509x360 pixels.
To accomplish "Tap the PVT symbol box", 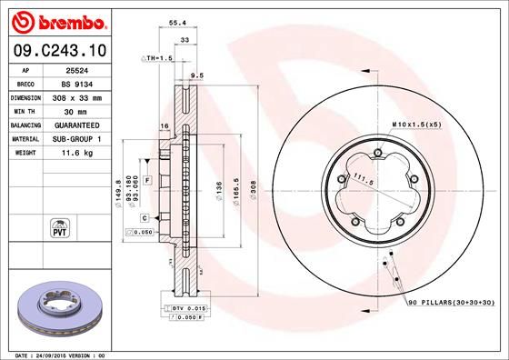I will tap(60, 227).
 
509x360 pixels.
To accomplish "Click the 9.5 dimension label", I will tap(195, 76).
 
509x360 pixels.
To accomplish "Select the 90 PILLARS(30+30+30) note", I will tap(450, 301).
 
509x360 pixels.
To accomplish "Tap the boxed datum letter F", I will tap(145, 182).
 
